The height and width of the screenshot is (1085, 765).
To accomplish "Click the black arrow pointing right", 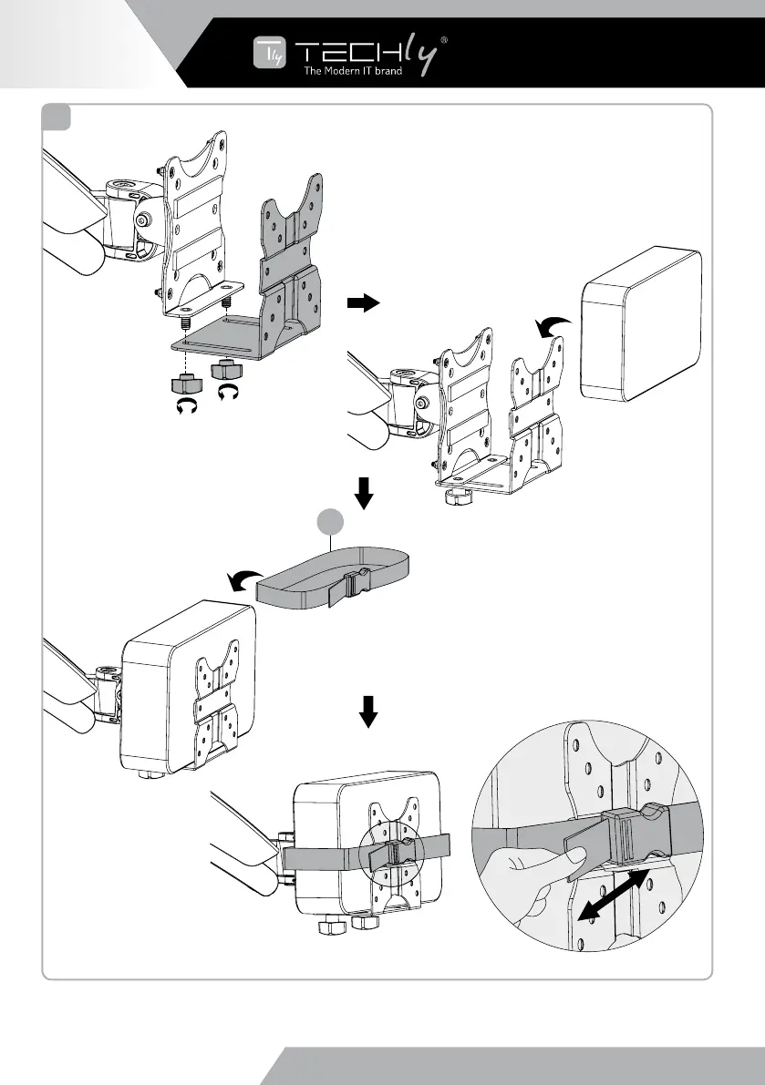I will [x=363, y=304].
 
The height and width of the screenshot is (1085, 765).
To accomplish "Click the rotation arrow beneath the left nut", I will [x=186, y=406].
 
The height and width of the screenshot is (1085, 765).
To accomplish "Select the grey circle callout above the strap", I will [x=329, y=524].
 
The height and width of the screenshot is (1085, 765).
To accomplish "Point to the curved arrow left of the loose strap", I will [x=241, y=580].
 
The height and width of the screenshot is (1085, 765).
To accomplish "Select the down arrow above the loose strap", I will [x=365, y=494].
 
